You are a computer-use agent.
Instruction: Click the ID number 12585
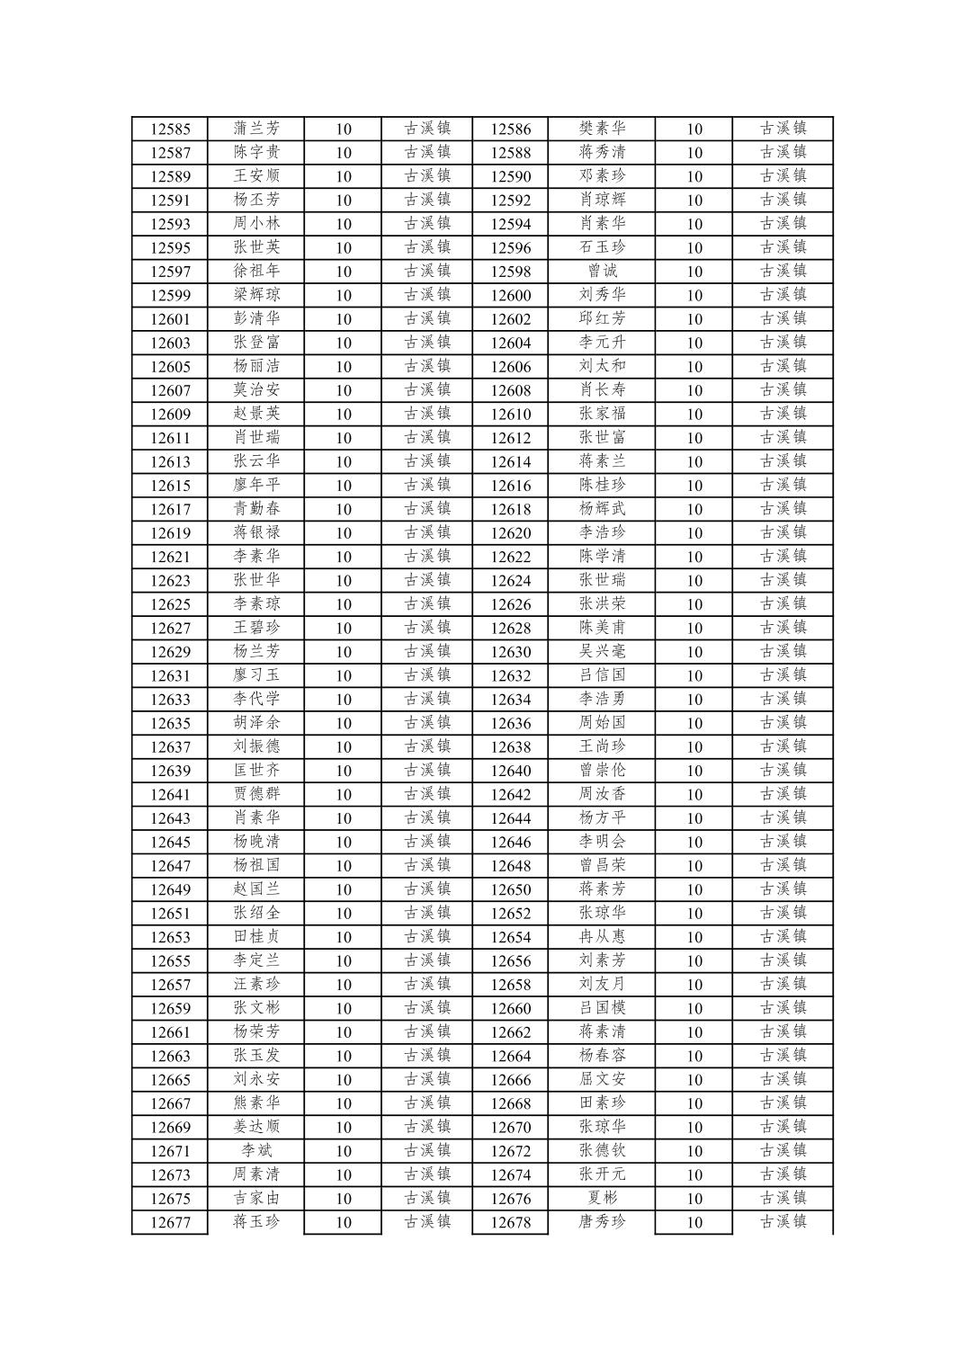pos(170,129)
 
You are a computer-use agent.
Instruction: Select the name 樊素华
pos(602,129)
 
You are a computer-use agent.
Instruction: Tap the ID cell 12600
pos(510,295)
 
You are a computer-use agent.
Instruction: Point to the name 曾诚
pos(602,271)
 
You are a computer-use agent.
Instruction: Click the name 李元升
pos(602,343)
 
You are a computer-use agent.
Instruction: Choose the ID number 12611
pos(170,438)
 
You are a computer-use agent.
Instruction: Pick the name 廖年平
pos(256,486)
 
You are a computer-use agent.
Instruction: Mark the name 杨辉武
pos(602,509)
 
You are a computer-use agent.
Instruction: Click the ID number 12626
pos(510,604)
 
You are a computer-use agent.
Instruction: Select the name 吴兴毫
pos(602,652)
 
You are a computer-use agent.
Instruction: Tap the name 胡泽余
pos(256,723)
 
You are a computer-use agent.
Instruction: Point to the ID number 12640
pos(510,771)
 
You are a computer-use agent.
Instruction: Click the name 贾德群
pos(256,794)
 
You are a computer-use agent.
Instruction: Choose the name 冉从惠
pos(602,937)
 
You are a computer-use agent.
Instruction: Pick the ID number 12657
pos(170,985)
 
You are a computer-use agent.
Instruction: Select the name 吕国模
pos(602,1008)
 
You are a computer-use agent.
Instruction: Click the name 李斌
pos(256,1151)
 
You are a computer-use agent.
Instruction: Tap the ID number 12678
pos(510,1222)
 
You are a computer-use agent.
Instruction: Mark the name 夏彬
pos(602,1199)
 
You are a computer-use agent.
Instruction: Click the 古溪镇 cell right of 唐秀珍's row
pos(783,1222)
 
